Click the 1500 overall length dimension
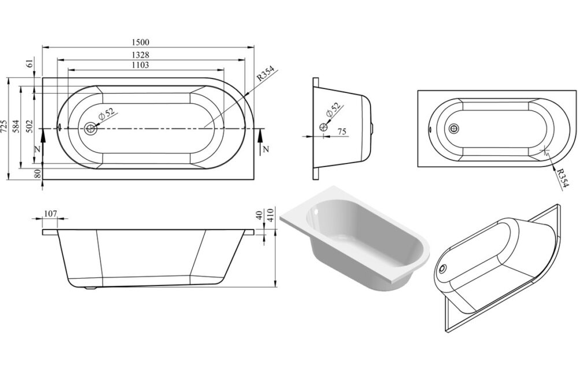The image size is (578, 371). (x=140, y=43)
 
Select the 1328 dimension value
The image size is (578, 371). (x=140, y=55)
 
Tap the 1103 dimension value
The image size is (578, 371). (x=140, y=65)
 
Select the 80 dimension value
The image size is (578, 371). (x=37, y=173)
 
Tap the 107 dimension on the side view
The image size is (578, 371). (x=50, y=214)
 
